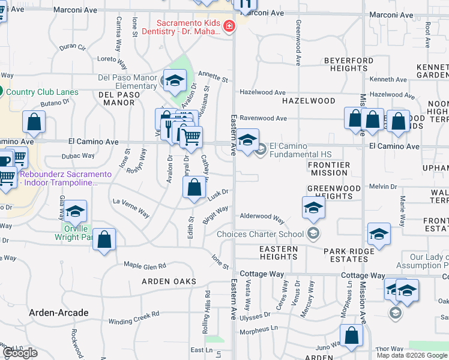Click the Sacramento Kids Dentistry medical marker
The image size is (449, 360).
(228, 26)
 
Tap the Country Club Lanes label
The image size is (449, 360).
(42, 92)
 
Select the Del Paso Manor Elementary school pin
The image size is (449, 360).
(175, 80)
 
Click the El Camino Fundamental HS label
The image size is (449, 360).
(300, 150)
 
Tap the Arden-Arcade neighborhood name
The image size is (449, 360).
(59, 313)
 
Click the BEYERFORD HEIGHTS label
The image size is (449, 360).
(349, 65)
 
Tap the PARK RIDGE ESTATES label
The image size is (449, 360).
(345, 255)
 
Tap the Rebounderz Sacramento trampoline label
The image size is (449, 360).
(66, 178)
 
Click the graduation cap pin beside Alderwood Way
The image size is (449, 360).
(313, 209)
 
